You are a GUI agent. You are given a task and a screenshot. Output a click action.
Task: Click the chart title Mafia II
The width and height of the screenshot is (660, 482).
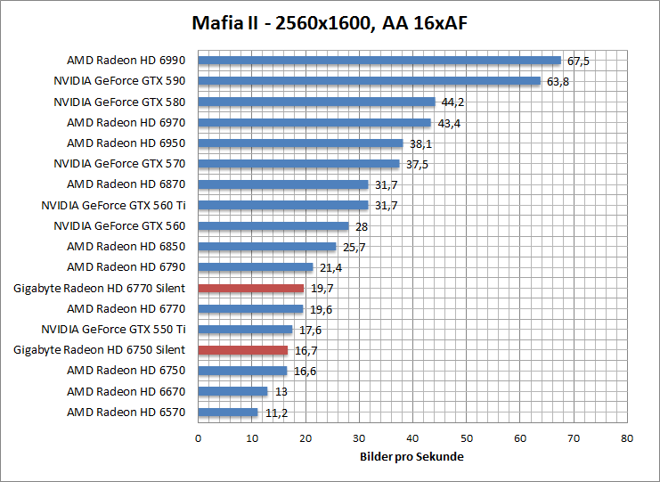pos(330,21)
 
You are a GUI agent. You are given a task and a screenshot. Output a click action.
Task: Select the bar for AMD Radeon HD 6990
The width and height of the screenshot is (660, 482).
pos(379,61)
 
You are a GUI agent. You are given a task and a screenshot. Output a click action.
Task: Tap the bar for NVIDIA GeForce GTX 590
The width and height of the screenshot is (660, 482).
pos(369,81)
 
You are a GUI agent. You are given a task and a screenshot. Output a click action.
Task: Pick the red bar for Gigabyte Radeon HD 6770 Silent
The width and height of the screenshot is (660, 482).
pos(250,288)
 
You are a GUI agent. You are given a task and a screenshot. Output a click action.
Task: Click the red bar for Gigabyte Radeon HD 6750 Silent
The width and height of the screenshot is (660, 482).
pos(242,350)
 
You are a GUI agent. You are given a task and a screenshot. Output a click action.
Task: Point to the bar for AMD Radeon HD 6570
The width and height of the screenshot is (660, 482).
pos(227,413)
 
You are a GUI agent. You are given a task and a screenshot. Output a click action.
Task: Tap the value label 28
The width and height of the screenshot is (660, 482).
pos(362,226)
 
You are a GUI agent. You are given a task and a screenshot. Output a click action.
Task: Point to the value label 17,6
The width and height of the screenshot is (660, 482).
pos(310,330)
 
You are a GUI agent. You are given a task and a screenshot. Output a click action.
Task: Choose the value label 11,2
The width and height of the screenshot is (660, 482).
pos(275,413)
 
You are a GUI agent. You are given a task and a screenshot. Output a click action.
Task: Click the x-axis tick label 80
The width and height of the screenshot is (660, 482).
pos(627,438)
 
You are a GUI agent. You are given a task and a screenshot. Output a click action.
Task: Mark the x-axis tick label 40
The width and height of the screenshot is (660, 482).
pos(412,438)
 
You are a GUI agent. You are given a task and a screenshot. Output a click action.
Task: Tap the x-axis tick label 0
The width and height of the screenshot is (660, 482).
pos(198,438)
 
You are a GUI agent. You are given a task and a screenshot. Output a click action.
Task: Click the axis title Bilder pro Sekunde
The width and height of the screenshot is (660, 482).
pos(411,456)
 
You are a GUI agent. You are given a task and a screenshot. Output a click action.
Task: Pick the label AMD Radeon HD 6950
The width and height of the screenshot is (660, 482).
pos(126,143)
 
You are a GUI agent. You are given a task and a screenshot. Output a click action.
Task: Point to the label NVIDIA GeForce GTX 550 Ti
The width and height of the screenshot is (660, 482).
pos(113,330)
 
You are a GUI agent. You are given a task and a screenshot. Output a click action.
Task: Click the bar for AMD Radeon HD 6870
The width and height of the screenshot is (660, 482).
pos(282,184)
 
